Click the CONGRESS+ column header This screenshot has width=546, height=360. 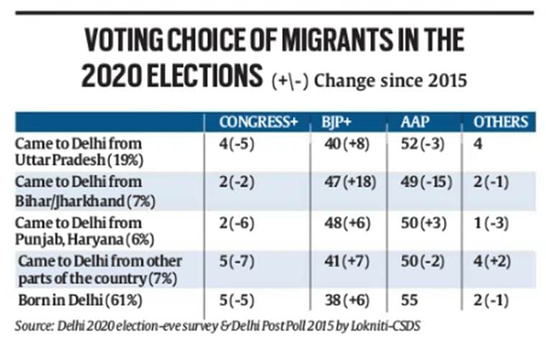tap(258, 122)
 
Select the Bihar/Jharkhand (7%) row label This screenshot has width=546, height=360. tap(78, 189)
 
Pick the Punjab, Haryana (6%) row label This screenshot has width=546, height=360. tap(78, 230)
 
